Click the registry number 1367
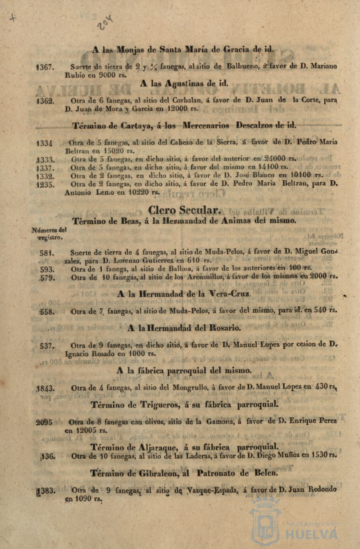point(45,67)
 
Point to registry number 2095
point(44,422)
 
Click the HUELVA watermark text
point(311,535)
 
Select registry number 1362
point(46,101)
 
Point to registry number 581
point(47,253)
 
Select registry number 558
point(48,312)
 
